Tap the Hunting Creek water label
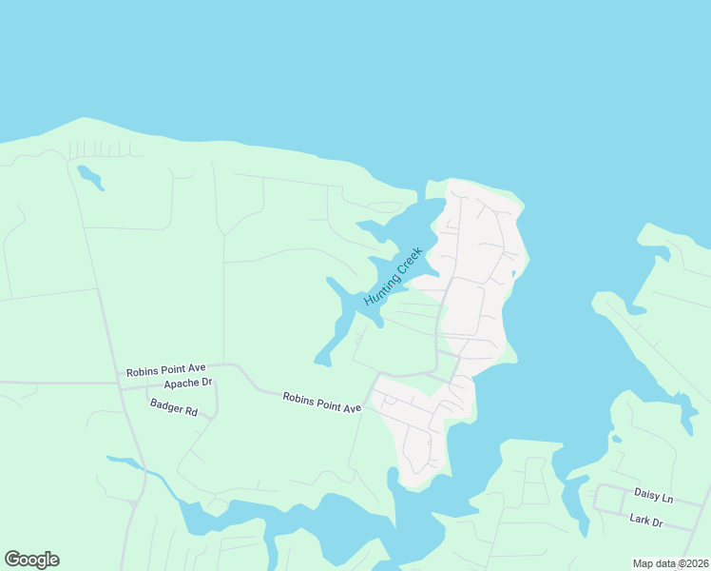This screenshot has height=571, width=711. point(393,276)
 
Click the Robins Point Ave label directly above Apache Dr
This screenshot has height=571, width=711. point(166,370)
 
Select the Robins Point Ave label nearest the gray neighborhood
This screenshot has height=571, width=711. point(322,402)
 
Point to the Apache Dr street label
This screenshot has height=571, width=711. point(187,384)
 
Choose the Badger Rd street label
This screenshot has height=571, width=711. point(173,408)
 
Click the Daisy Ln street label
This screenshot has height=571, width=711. point(653,497)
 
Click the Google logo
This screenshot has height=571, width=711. point(31,560)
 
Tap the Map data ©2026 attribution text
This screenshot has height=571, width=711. point(668,563)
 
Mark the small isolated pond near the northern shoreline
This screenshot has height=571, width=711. point(89,177)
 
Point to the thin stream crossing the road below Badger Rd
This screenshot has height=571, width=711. point(143,469)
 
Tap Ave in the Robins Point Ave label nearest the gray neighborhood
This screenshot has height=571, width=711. point(352,407)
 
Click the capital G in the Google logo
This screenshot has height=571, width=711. point(12,560)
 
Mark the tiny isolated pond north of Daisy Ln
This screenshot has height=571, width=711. point(617,439)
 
